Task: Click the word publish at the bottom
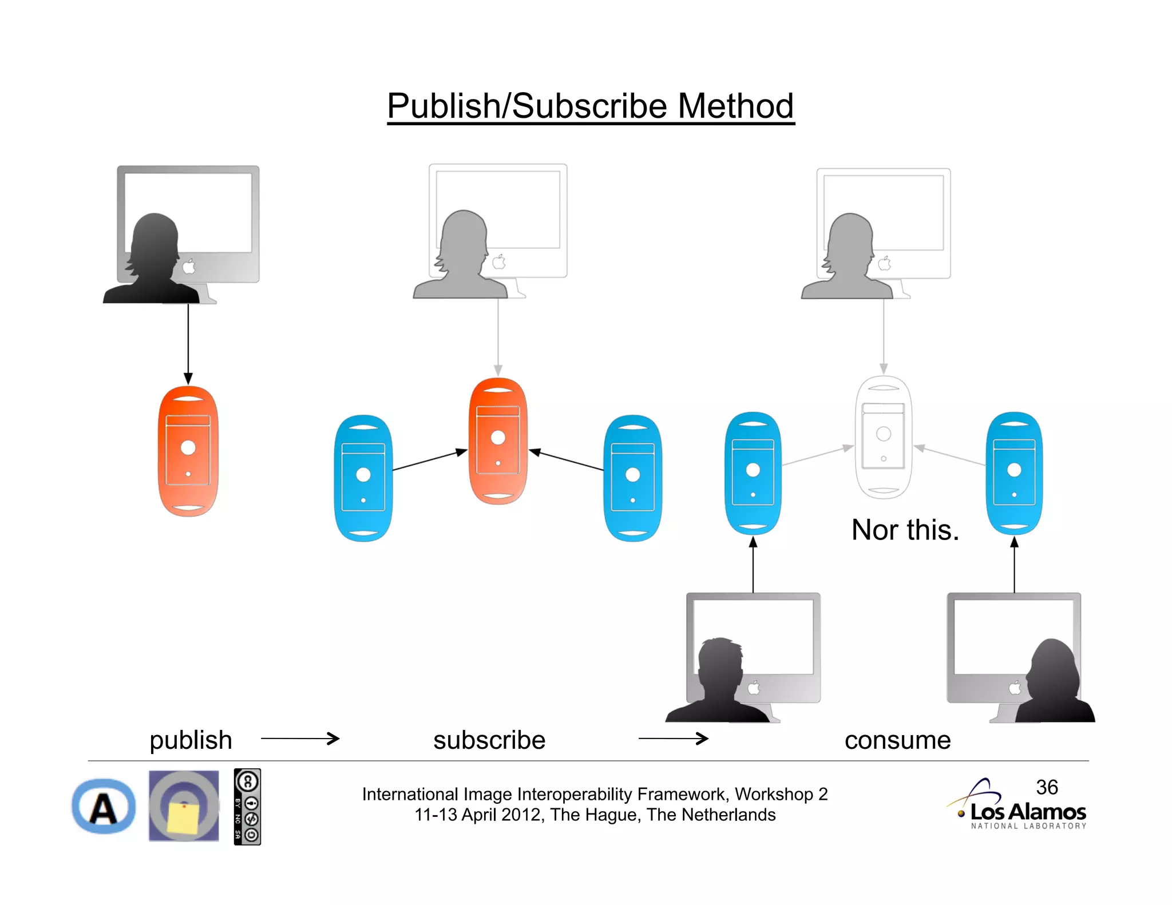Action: [x=191, y=740]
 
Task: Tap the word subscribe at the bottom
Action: [x=489, y=740]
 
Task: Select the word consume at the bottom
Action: [x=897, y=740]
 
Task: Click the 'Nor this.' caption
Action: [x=904, y=530]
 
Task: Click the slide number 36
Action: [x=1047, y=787]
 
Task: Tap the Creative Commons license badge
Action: [x=247, y=807]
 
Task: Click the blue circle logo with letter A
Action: [x=104, y=807]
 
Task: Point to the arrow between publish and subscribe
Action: [x=300, y=739]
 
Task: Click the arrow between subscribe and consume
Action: [x=673, y=739]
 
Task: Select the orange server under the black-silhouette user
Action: [x=188, y=451]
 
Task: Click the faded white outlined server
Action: [x=883, y=438]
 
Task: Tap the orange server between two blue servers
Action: [x=498, y=440]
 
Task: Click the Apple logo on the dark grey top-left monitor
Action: [x=189, y=266]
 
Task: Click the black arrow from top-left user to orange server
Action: [x=188, y=343]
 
